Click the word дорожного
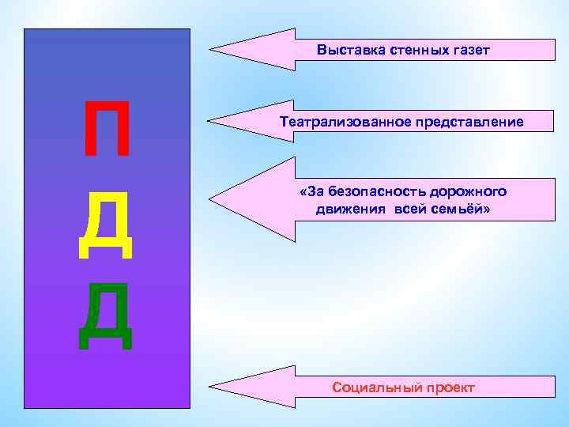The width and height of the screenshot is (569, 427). (x=467, y=192)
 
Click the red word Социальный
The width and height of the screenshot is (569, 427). (x=376, y=387)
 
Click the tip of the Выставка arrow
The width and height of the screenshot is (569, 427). (x=209, y=50)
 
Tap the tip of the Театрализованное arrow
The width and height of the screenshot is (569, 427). (x=209, y=122)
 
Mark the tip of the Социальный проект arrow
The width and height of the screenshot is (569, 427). (x=210, y=387)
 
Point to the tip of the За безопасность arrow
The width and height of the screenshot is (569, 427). (x=209, y=198)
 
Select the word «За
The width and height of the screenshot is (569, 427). (x=311, y=192)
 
